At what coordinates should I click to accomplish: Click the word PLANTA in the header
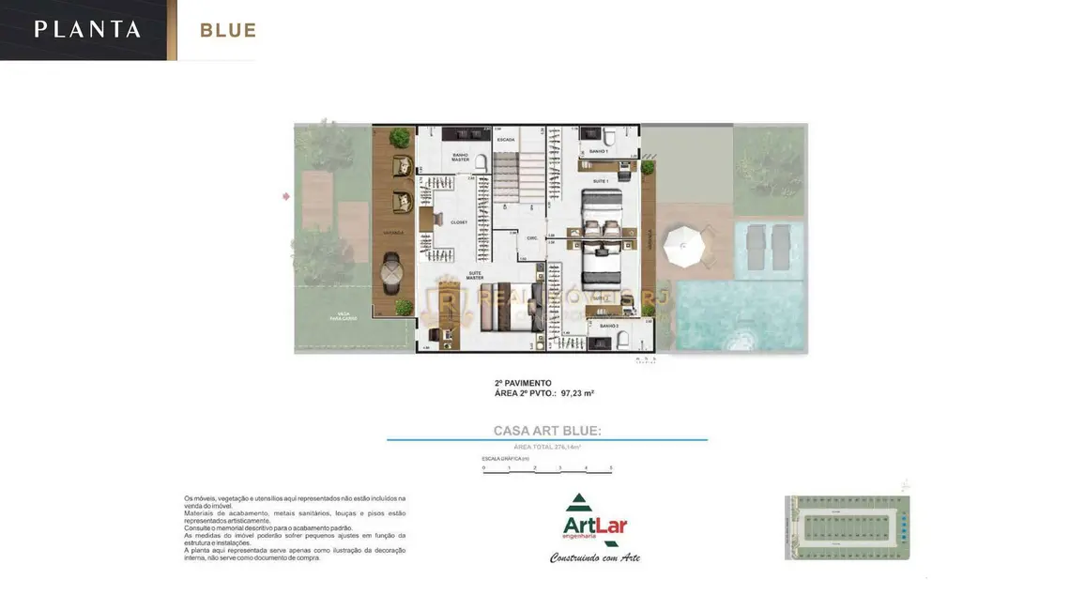pos(87,29)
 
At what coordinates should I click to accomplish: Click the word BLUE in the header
pos(228,30)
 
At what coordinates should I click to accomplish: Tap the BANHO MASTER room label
pos(460,157)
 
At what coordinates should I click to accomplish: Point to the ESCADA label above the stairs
pos(506,140)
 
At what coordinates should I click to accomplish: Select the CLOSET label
pos(459,222)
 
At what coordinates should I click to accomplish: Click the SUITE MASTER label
pos(475,275)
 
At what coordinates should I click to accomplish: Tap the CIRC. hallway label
pos(531,237)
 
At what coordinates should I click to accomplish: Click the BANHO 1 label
pos(599,151)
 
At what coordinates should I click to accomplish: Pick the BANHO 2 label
pos(608,326)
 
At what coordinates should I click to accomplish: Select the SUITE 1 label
pos(601,180)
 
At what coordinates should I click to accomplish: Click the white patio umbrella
pos(682,247)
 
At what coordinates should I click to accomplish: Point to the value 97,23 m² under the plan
pos(577,393)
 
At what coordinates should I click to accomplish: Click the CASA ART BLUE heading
pos(547,431)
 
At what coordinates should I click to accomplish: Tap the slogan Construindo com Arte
pos(594,557)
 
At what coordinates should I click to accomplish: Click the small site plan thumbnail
pos(847,526)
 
